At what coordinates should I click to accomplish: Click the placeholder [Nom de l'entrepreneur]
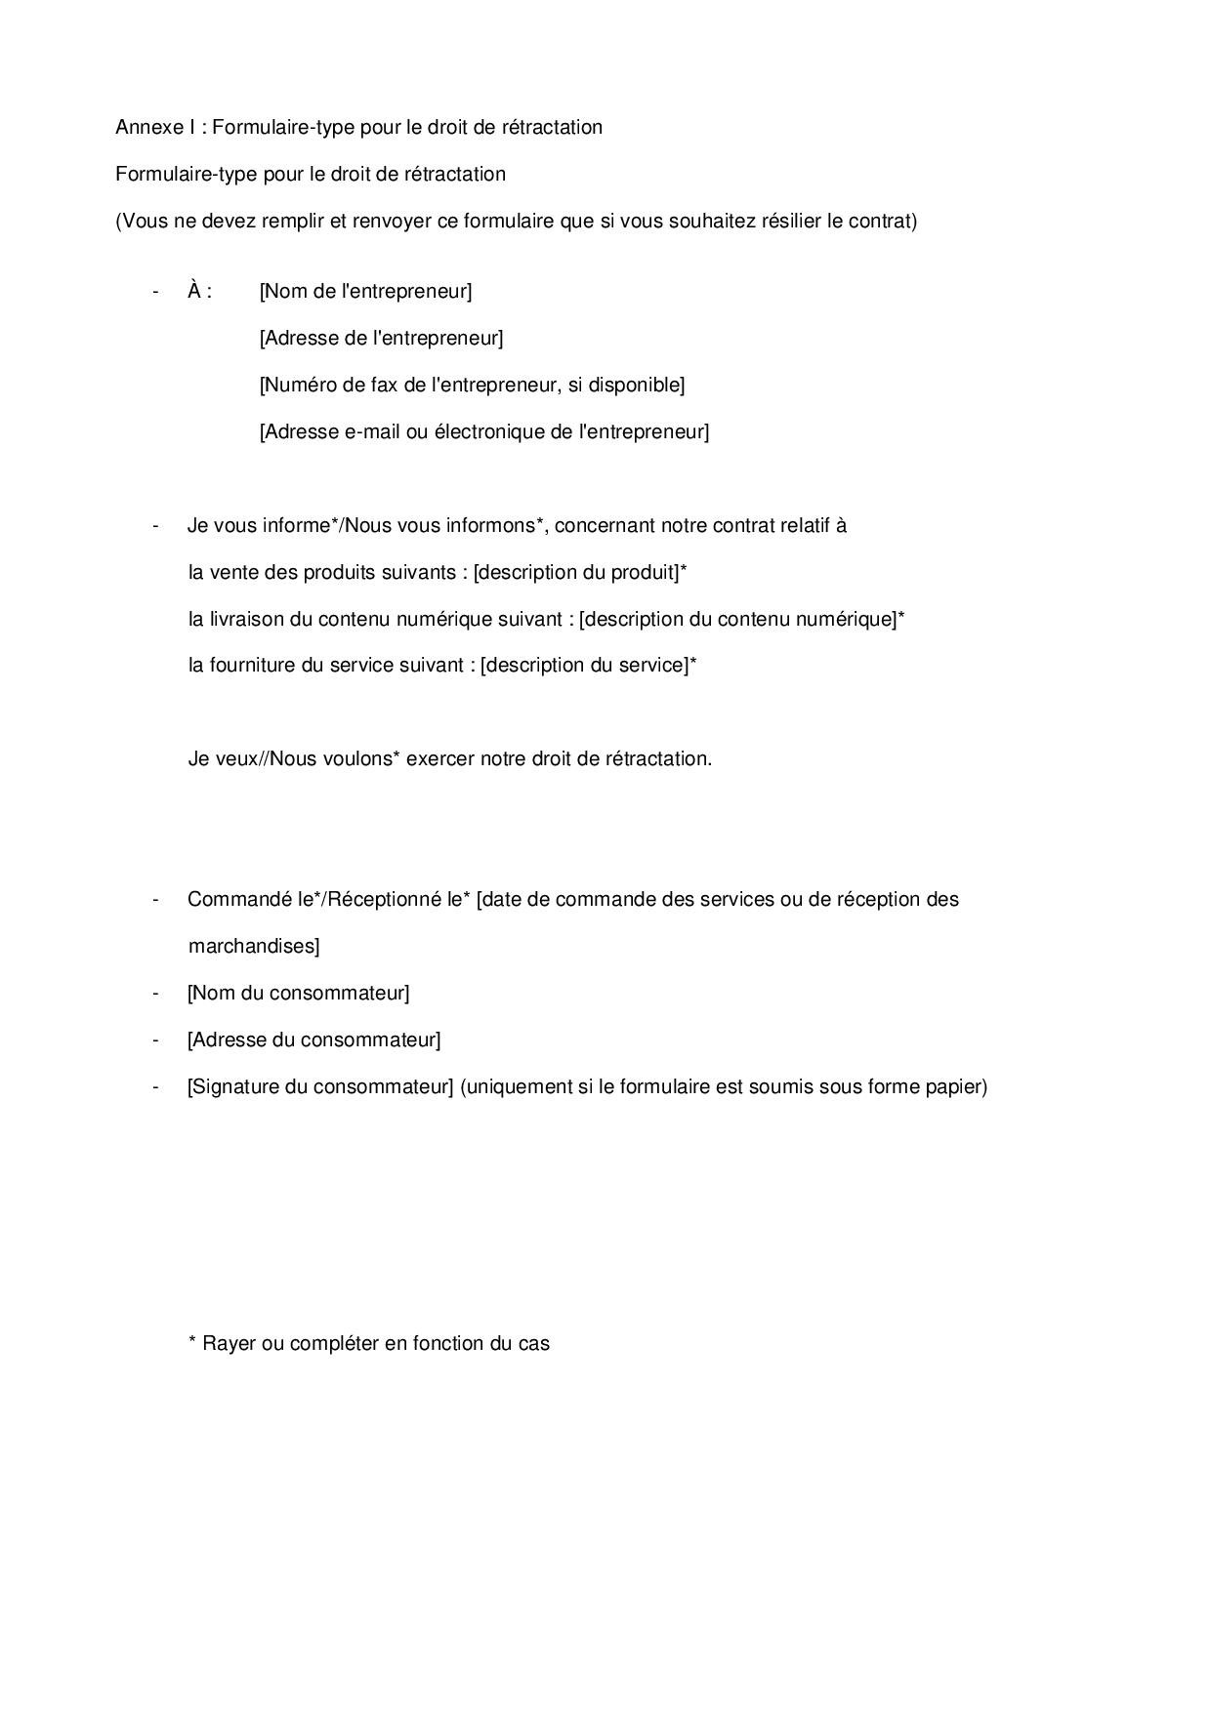coord(365,291)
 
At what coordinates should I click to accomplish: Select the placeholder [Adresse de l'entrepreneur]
coord(381,338)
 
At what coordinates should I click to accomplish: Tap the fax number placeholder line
coord(472,385)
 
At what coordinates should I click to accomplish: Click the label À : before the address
coord(199,291)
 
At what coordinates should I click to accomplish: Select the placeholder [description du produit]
coord(576,572)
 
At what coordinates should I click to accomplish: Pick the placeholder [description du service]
coord(584,666)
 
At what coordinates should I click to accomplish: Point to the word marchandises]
coord(254,946)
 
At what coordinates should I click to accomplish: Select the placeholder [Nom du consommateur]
coord(298,993)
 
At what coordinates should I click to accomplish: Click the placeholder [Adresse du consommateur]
coord(313,1039)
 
